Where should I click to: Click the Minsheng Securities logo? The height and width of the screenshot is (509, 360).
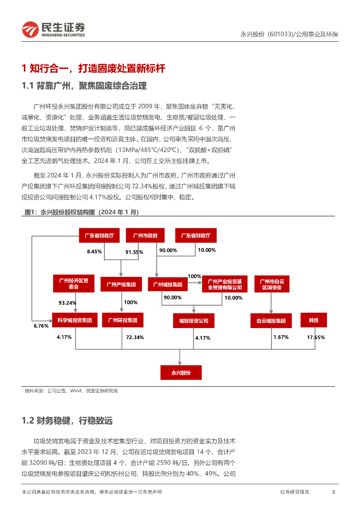click(53, 30)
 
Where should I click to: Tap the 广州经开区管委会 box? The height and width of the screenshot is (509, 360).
click(74, 283)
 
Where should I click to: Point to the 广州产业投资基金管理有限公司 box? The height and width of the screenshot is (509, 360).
click(224, 284)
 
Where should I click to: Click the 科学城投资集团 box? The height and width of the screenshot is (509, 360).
click(74, 321)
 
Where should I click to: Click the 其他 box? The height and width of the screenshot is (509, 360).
click(314, 320)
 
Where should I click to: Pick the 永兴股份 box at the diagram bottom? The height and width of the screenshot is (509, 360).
click(181, 372)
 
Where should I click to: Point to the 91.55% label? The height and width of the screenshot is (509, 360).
click(134, 252)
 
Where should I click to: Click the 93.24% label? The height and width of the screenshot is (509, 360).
click(67, 303)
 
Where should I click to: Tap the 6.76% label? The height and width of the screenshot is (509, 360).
click(41, 326)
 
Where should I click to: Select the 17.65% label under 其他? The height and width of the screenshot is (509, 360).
click(316, 337)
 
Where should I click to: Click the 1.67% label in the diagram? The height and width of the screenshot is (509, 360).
click(281, 337)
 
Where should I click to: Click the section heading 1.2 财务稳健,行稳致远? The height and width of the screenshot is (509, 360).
click(68, 421)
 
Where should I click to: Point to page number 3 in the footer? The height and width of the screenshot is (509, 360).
click(333, 492)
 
